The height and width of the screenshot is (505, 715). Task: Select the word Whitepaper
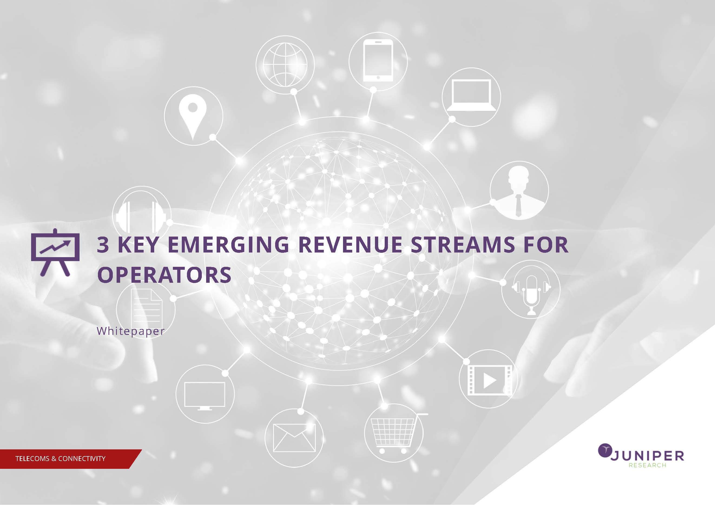(130, 331)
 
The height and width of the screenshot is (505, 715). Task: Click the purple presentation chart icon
(55, 252)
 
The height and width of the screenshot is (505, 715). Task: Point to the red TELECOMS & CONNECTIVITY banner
(71, 459)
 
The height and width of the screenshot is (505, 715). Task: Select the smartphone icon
(378, 61)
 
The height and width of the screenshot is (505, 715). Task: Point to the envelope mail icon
(294, 438)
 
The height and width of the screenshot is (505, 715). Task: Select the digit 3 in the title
(103, 245)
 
